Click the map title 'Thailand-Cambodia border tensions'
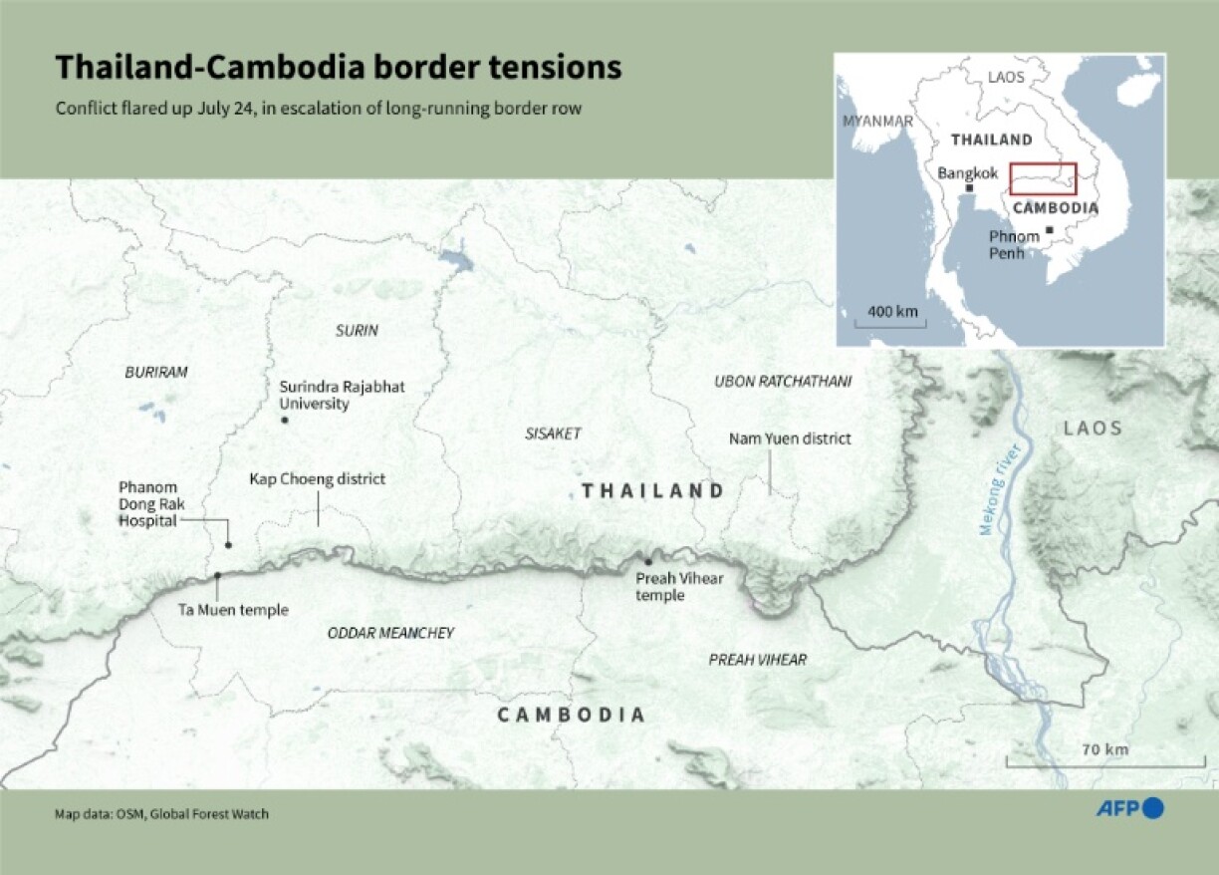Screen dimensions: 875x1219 [x=339, y=67]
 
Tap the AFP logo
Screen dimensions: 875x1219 [x=1129, y=808]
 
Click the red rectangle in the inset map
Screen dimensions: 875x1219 [x=1043, y=179]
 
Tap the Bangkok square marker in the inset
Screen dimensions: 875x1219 [x=969, y=188]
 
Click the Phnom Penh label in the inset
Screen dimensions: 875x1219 [x=1014, y=244]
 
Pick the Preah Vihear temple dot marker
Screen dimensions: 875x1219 [x=648, y=562]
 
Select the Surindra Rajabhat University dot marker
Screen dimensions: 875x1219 [x=285, y=421]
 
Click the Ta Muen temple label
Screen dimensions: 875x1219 [x=233, y=610]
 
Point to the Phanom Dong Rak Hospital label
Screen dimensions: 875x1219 [x=148, y=503]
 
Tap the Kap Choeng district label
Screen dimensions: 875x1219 [x=317, y=479]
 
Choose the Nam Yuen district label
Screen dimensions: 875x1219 [x=790, y=437]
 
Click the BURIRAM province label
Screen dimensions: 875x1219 [x=155, y=372]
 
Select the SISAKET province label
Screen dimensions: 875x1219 [x=552, y=434]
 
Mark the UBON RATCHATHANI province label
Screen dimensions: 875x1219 [x=783, y=382]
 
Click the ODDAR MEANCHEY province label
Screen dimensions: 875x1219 [x=390, y=633]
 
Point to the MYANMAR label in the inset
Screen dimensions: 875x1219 [x=877, y=121]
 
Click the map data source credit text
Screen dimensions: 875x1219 [x=161, y=814]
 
